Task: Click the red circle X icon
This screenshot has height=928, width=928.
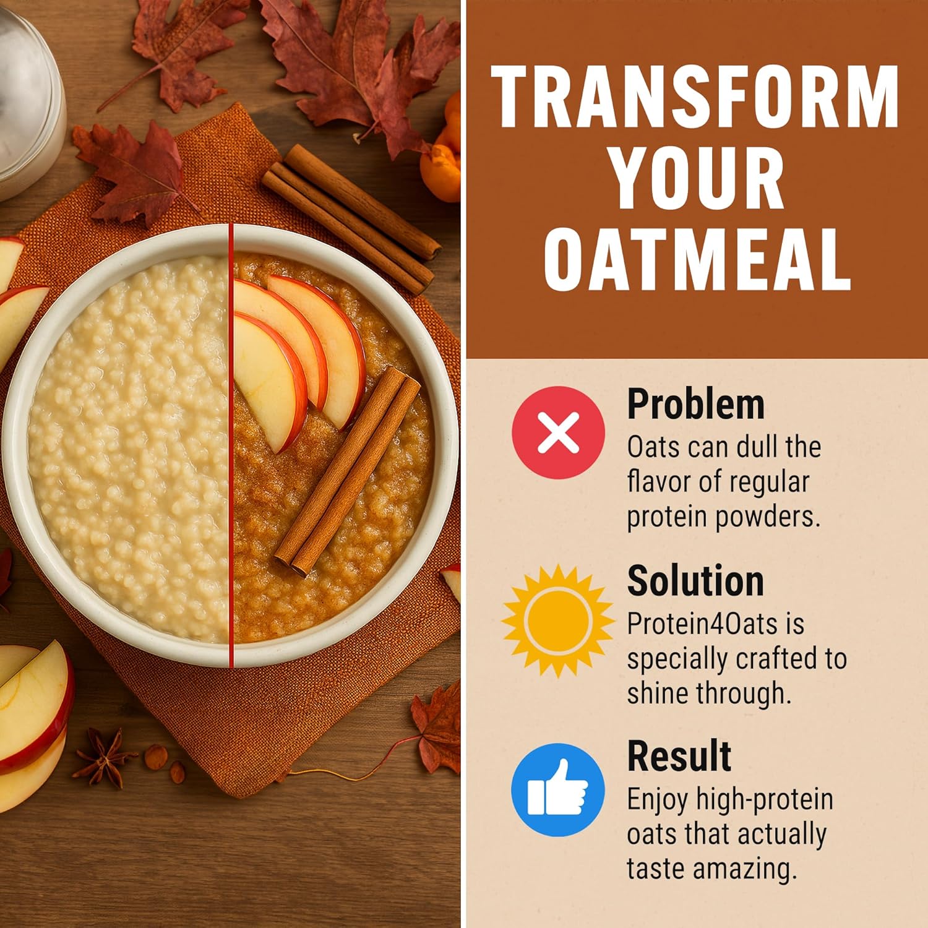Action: tap(558, 432)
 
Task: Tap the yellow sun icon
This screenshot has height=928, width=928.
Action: tap(558, 620)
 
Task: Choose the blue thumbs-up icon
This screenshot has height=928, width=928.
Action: tap(558, 790)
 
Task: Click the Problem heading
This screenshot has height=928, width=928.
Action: tap(695, 405)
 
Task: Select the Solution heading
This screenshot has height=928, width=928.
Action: tap(695, 582)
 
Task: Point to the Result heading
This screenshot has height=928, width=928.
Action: tap(679, 756)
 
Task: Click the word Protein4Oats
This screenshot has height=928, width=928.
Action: tap(702, 624)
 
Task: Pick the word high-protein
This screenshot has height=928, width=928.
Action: tap(764, 799)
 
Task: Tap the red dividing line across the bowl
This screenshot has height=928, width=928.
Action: tap(231, 445)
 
